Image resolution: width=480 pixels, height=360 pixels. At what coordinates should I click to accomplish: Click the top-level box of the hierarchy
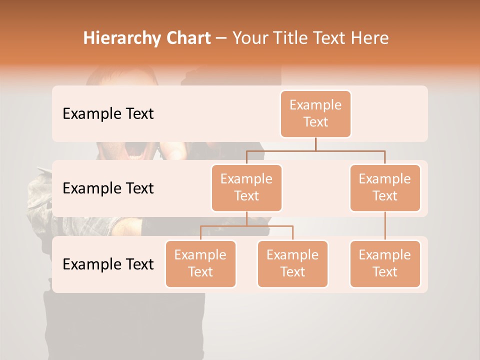click(x=315, y=113)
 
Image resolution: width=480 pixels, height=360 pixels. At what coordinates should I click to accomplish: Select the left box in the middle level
click(x=246, y=187)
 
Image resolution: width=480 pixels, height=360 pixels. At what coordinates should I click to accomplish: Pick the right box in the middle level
click(x=385, y=187)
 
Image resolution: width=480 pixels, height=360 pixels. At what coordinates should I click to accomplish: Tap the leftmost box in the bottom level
click(x=200, y=263)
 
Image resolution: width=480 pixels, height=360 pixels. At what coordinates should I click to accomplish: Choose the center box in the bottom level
click(x=292, y=263)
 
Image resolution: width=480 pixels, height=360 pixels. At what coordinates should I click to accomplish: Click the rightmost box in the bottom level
click(x=385, y=263)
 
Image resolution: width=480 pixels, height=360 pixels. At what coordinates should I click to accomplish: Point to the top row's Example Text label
click(x=108, y=114)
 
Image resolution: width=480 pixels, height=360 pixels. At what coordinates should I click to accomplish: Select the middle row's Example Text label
click(x=108, y=188)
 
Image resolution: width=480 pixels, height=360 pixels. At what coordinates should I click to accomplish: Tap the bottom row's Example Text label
click(x=108, y=264)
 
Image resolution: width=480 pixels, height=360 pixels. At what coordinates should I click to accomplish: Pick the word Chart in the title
click(x=188, y=38)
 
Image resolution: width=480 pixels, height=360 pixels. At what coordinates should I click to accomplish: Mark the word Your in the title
click(x=250, y=38)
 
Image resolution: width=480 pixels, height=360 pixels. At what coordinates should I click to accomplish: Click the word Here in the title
click(x=370, y=38)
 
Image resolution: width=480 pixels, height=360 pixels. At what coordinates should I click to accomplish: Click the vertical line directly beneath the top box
click(x=315, y=144)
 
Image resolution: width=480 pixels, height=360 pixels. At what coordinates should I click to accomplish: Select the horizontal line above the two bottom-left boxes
click(x=246, y=226)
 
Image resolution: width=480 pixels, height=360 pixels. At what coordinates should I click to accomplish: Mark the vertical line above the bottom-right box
click(x=385, y=226)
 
